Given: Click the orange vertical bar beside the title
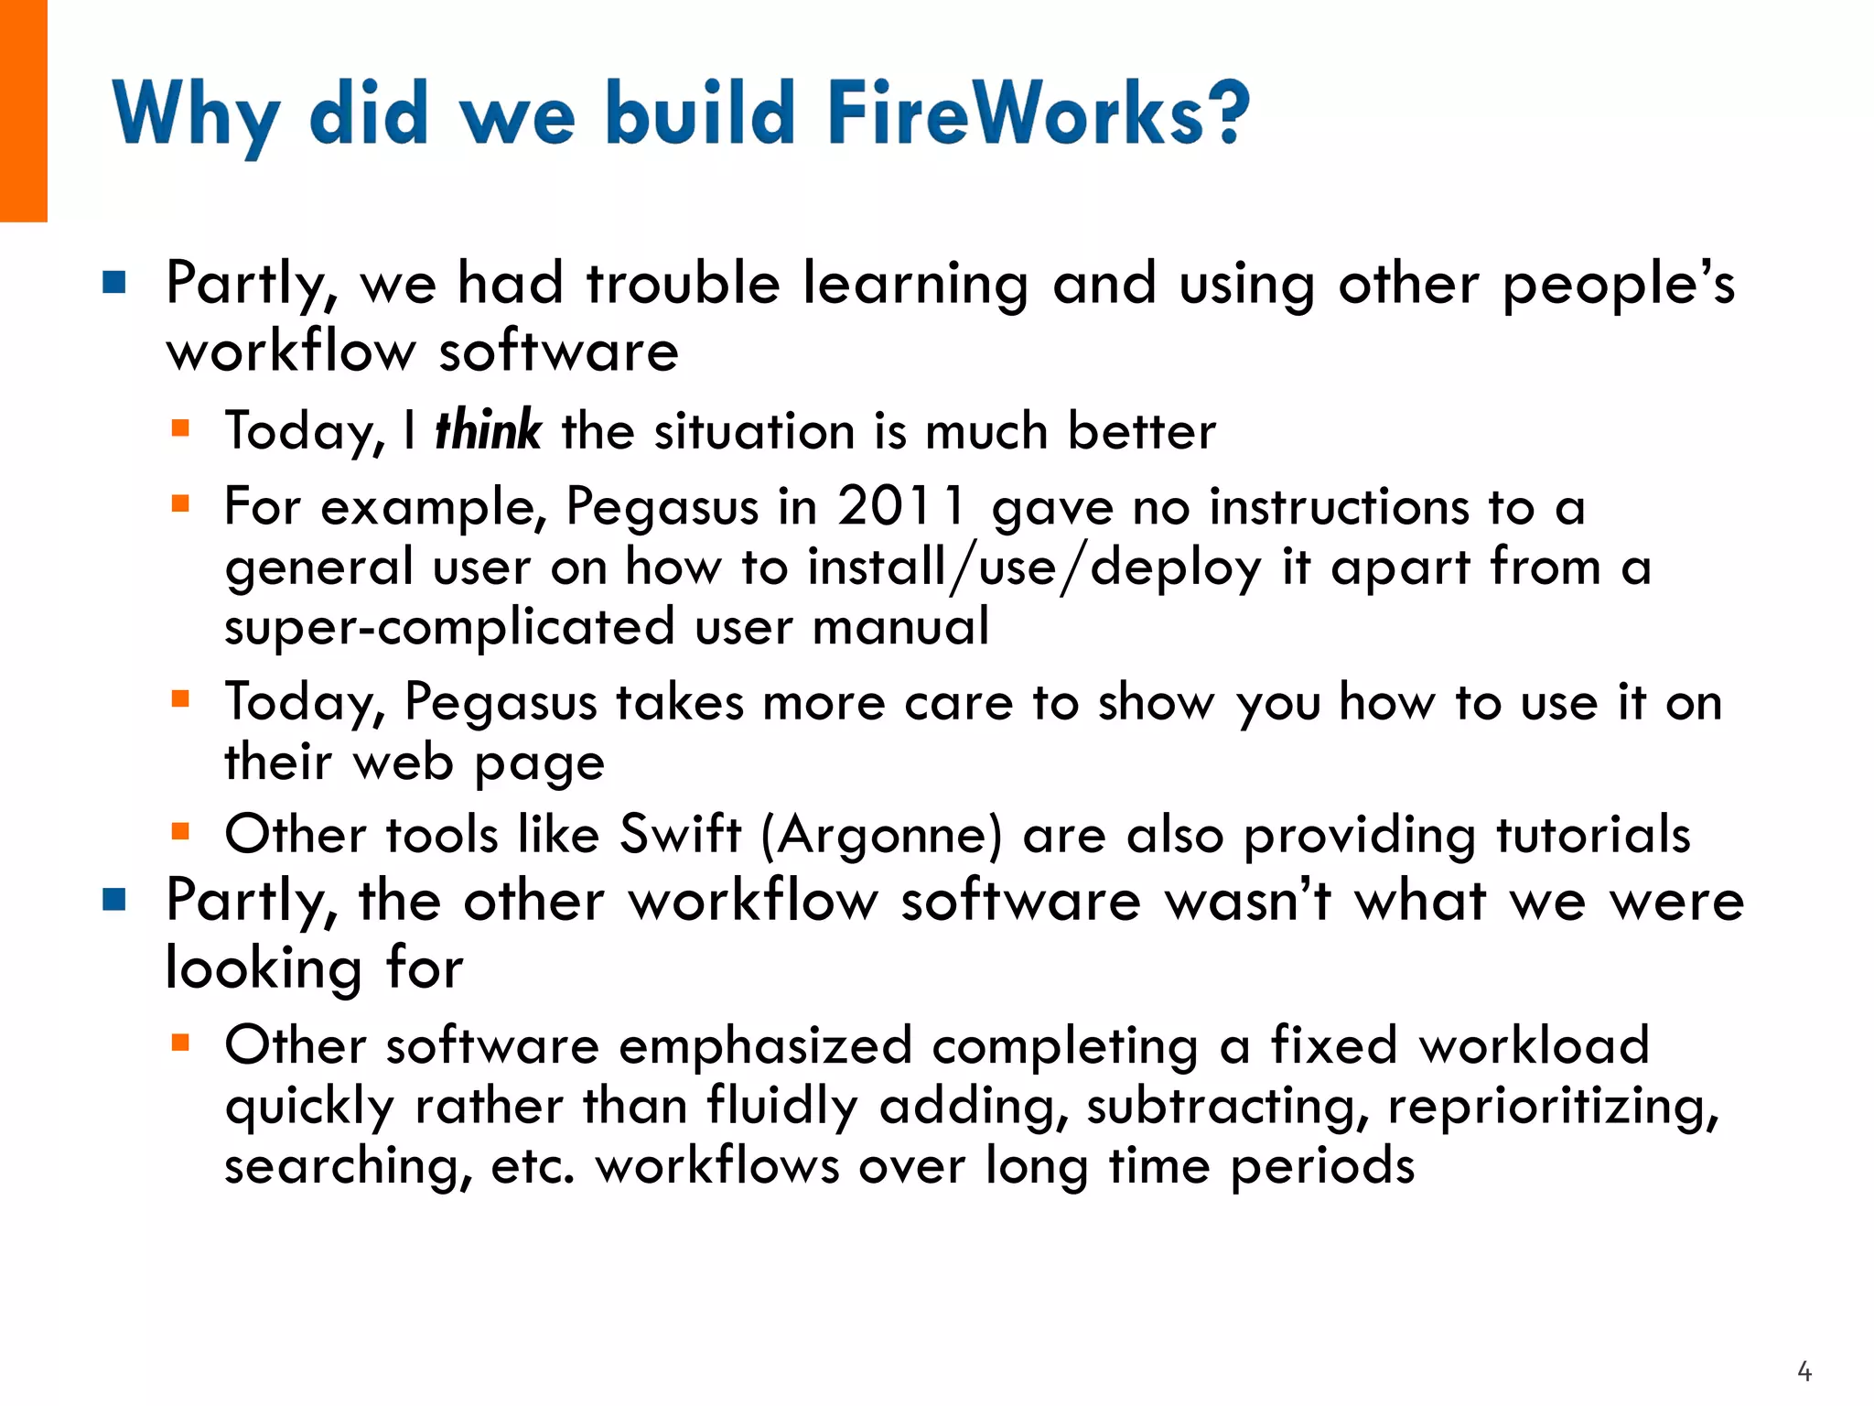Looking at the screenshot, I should [x=23, y=110].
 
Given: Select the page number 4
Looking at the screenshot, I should [x=1804, y=1371].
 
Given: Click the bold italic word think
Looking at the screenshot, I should [x=488, y=430].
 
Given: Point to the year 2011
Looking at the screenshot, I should [x=901, y=505].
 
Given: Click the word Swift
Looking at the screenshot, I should [x=680, y=834].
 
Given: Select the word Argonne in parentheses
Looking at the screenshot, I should [x=882, y=835].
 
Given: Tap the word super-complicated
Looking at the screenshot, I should [x=449, y=628].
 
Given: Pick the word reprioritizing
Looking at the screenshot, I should [x=1553, y=1107].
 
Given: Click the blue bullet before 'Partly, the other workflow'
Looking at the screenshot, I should [x=114, y=900].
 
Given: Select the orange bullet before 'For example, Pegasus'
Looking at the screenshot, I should [x=180, y=503].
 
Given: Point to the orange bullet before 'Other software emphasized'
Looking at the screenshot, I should [x=180, y=1042].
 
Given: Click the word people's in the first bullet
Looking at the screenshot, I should [x=1618, y=284].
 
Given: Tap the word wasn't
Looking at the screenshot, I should [x=1247, y=901].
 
